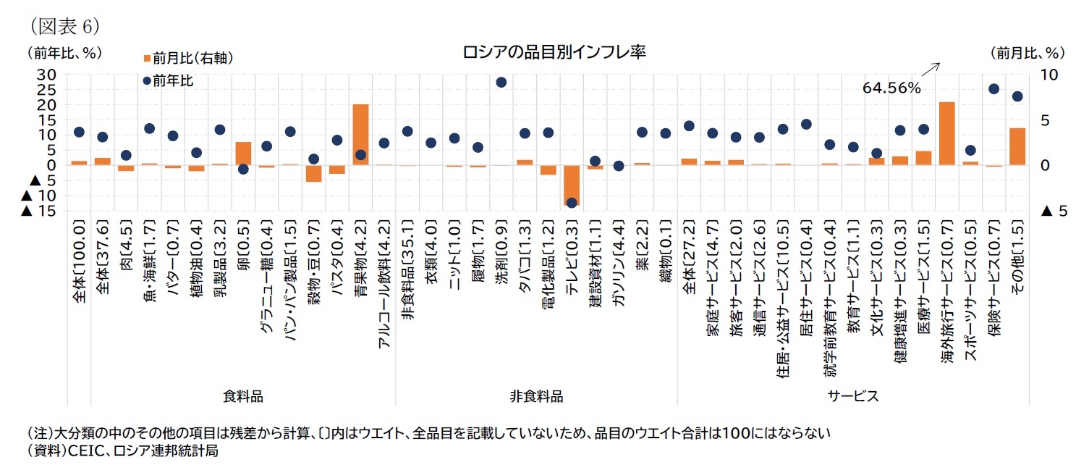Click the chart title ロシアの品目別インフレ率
(554, 53)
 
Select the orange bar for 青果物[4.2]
(360, 134)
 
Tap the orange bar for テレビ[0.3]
(572, 185)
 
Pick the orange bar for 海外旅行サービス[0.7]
(947, 133)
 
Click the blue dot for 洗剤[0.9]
(501, 82)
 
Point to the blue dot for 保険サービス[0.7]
(994, 89)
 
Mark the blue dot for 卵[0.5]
(243, 169)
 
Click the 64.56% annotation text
(891, 88)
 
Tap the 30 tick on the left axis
(46, 75)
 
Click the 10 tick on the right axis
(1048, 75)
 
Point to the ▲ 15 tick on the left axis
(39, 211)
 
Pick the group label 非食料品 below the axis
(536, 396)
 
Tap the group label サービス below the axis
(853, 396)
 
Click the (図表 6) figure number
(64, 26)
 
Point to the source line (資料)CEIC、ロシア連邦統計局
(122, 451)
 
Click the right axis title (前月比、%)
(1027, 53)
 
